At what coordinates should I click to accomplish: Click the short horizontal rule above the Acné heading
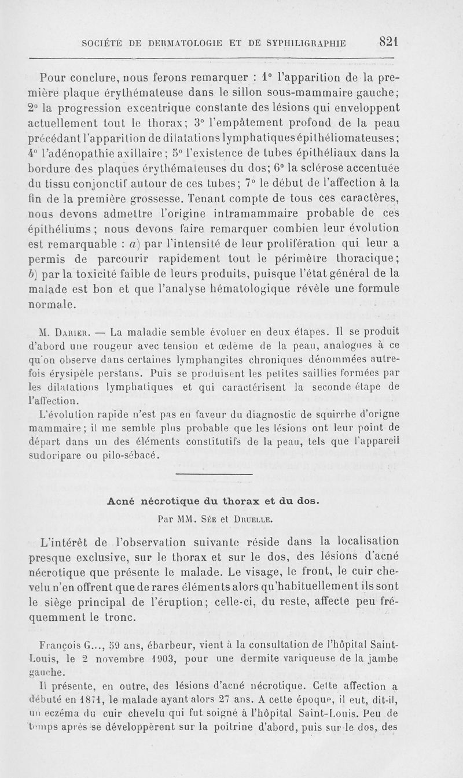coord(214,475)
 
